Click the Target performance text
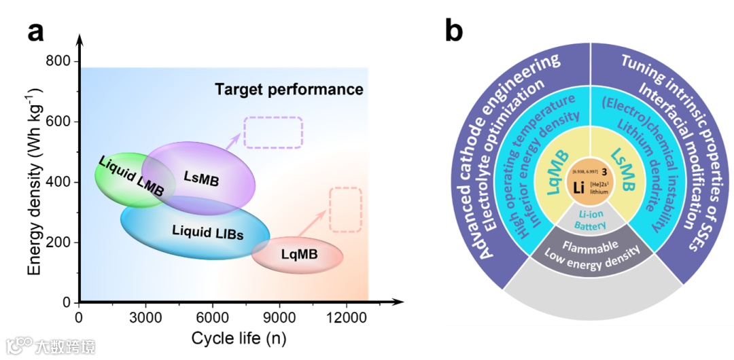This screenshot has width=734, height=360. [x=289, y=90]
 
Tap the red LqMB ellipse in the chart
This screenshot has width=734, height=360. [x=299, y=255]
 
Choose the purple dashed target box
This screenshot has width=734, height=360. [x=273, y=132]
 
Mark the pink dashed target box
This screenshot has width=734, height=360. [x=345, y=209]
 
